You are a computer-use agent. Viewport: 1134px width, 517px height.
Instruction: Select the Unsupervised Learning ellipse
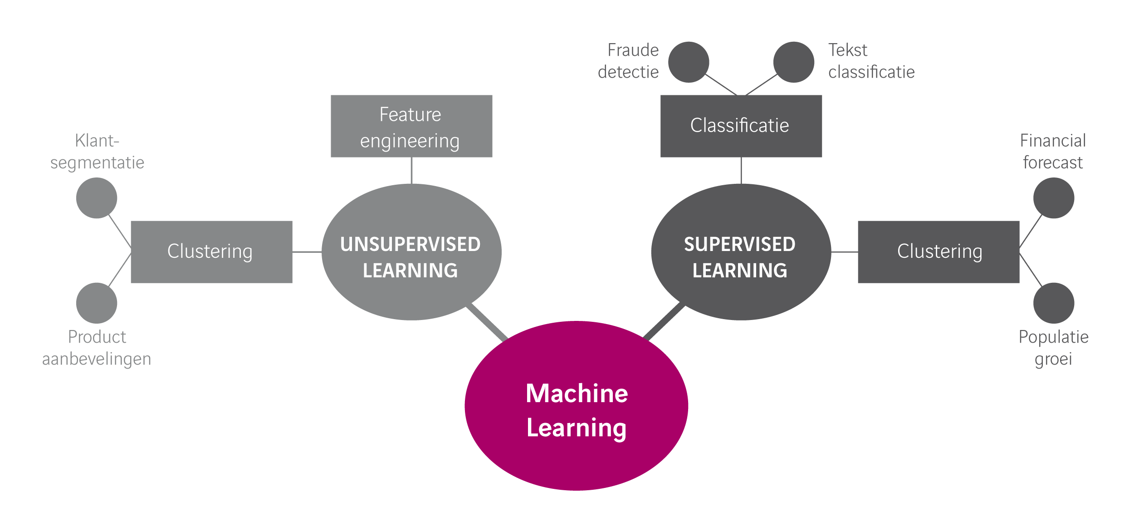[411, 252]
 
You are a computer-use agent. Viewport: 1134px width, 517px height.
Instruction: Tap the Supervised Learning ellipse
[741, 252]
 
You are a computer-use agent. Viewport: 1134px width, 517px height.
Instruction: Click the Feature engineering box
[411, 126]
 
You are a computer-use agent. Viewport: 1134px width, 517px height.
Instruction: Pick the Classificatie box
[741, 126]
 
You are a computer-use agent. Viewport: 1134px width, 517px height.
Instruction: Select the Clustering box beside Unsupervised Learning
[211, 252]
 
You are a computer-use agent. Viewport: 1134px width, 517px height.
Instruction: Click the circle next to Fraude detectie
[688, 62]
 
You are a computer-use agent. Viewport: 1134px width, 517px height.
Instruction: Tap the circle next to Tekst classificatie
[793, 62]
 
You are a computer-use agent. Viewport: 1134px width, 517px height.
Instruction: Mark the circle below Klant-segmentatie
[97, 198]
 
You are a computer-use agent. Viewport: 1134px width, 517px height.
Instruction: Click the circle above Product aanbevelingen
[97, 303]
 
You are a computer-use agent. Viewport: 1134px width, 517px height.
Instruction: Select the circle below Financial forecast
[1053, 198]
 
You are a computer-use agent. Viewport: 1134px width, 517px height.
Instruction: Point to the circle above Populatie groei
[1053, 303]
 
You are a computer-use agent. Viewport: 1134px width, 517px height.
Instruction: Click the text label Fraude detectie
[629, 61]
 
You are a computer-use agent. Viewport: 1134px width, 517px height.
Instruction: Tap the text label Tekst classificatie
[870, 61]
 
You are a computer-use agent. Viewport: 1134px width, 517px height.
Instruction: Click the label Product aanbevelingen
[97, 348]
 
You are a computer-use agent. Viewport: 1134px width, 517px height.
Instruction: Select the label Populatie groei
[1053, 348]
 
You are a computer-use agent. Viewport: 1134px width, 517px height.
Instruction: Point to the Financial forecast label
[1052, 152]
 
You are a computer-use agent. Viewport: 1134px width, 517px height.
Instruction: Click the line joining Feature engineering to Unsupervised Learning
[411, 171]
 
